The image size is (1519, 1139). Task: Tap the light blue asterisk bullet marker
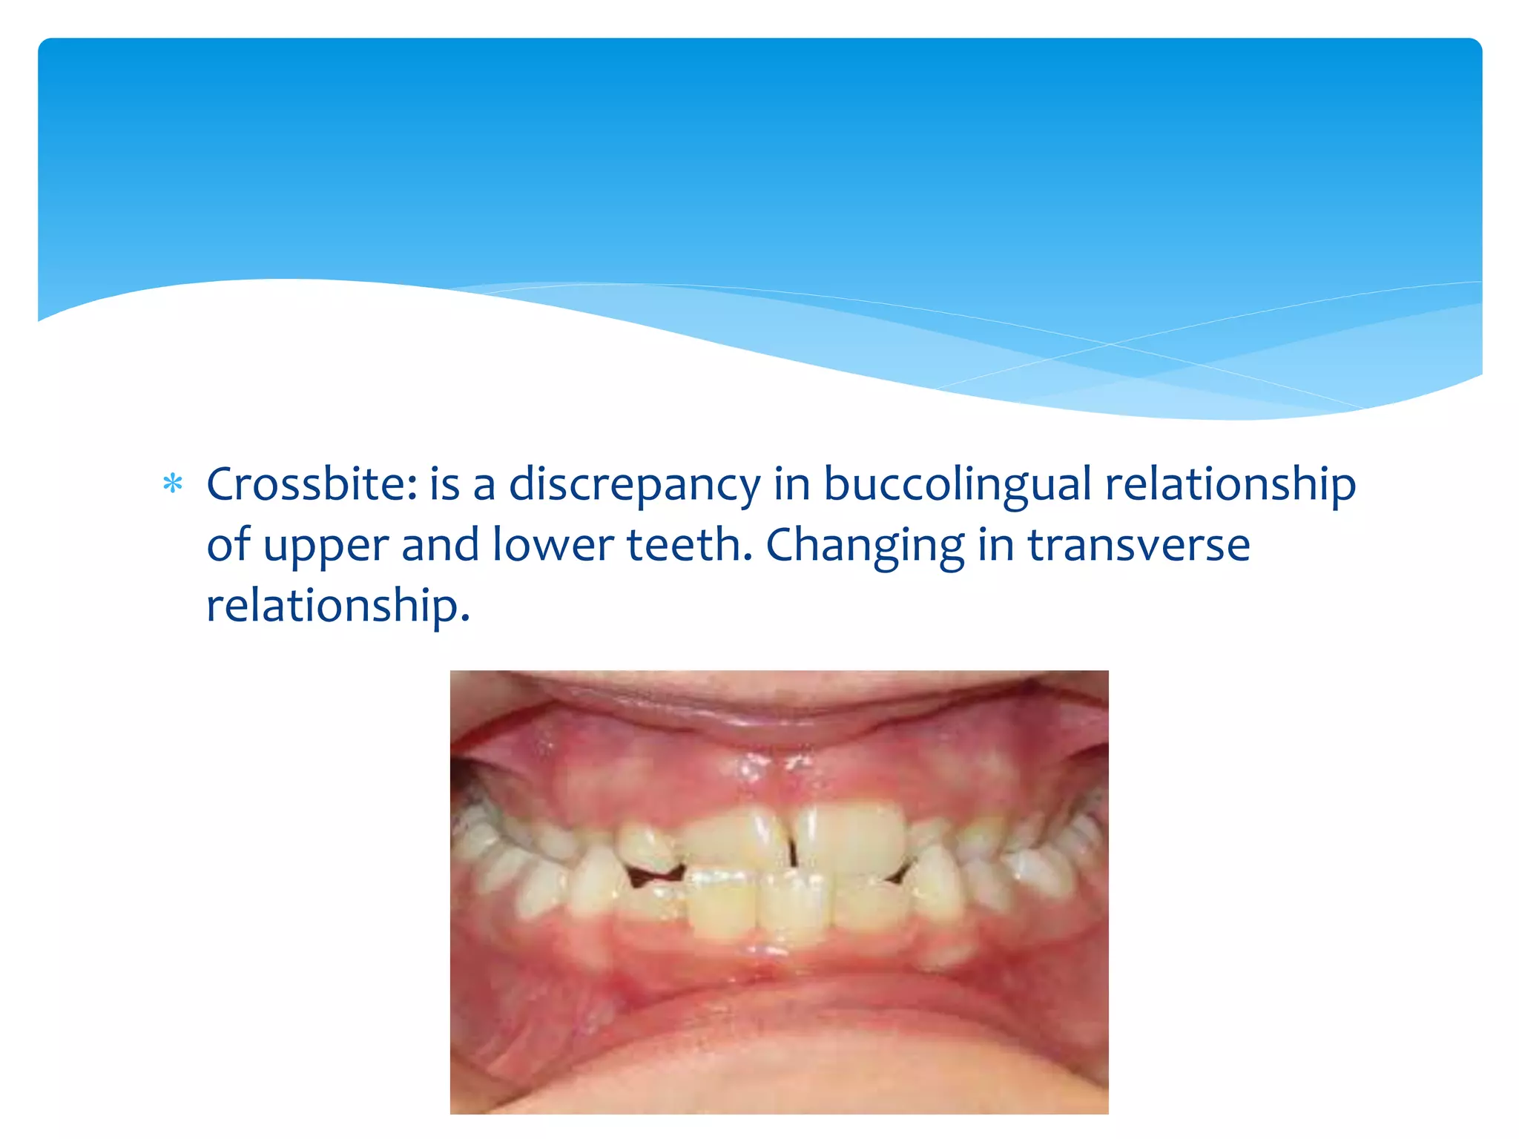click(173, 484)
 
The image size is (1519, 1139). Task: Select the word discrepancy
click(635, 486)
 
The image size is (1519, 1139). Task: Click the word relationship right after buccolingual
click(1230, 486)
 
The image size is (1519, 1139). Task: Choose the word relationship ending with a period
click(337, 606)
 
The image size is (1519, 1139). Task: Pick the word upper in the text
click(326, 547)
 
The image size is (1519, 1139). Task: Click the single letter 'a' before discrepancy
click(484, 486)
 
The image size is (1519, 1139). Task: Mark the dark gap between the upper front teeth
click(791, 845)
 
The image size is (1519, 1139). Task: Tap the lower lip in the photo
click(779, 1038)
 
